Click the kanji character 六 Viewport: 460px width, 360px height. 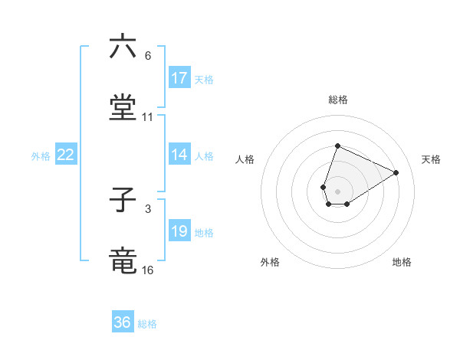[123, 47]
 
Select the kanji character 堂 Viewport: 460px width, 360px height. [123, 108]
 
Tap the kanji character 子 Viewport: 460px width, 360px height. [123, 201]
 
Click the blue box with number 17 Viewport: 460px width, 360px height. [179, 78]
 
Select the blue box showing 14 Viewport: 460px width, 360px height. [179, 155]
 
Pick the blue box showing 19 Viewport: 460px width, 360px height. [179, 232]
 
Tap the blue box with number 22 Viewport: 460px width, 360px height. [66, 155]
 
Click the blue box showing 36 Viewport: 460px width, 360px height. [123, 322]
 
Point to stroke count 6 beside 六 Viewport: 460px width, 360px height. [148, 56]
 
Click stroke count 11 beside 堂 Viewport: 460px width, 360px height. [148, 117]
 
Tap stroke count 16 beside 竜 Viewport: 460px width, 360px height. [148, 270]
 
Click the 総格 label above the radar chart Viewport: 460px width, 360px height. [337, 100]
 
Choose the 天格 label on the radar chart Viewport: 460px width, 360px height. [431, 159]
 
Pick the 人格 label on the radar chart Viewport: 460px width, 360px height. [245, 159]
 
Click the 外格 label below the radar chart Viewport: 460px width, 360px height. [270, 262]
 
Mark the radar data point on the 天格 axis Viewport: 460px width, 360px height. [396, 172]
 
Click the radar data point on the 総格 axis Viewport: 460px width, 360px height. [337, 146]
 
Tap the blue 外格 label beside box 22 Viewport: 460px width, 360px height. [41, 155]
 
